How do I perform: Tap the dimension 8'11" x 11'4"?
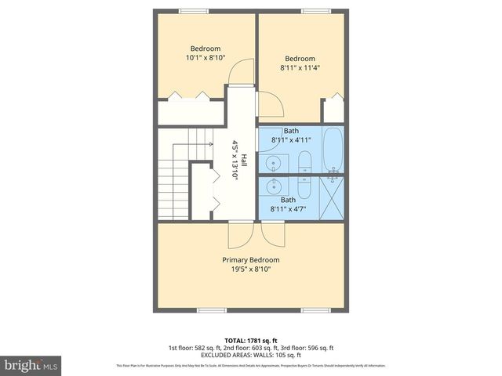pyautogui.click(x=300, y=68)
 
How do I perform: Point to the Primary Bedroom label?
pyautogui.click(x=250, y=260)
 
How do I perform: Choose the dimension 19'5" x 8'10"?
pyautogui.click(x=250, y=269)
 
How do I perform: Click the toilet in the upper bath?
pyautogui.click(x=304, y=162)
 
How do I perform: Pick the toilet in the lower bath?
pyautogui.click(x=304, y=186)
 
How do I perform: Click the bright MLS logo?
pyautogui.click(x=31, y=365)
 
